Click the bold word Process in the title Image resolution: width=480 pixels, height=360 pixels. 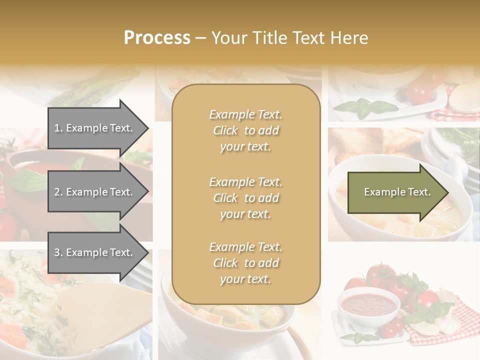[157, 37]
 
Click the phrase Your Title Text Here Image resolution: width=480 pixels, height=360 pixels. [289, 38]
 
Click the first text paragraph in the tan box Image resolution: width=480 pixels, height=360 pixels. [245, 130]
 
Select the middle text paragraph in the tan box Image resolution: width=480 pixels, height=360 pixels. [245, 198]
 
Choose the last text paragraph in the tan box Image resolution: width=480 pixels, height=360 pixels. [245, 263]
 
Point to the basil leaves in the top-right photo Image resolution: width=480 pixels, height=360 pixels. [365, 106]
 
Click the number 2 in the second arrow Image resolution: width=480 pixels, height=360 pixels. [57, 192]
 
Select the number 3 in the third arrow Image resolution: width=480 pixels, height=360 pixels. [57, 252]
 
